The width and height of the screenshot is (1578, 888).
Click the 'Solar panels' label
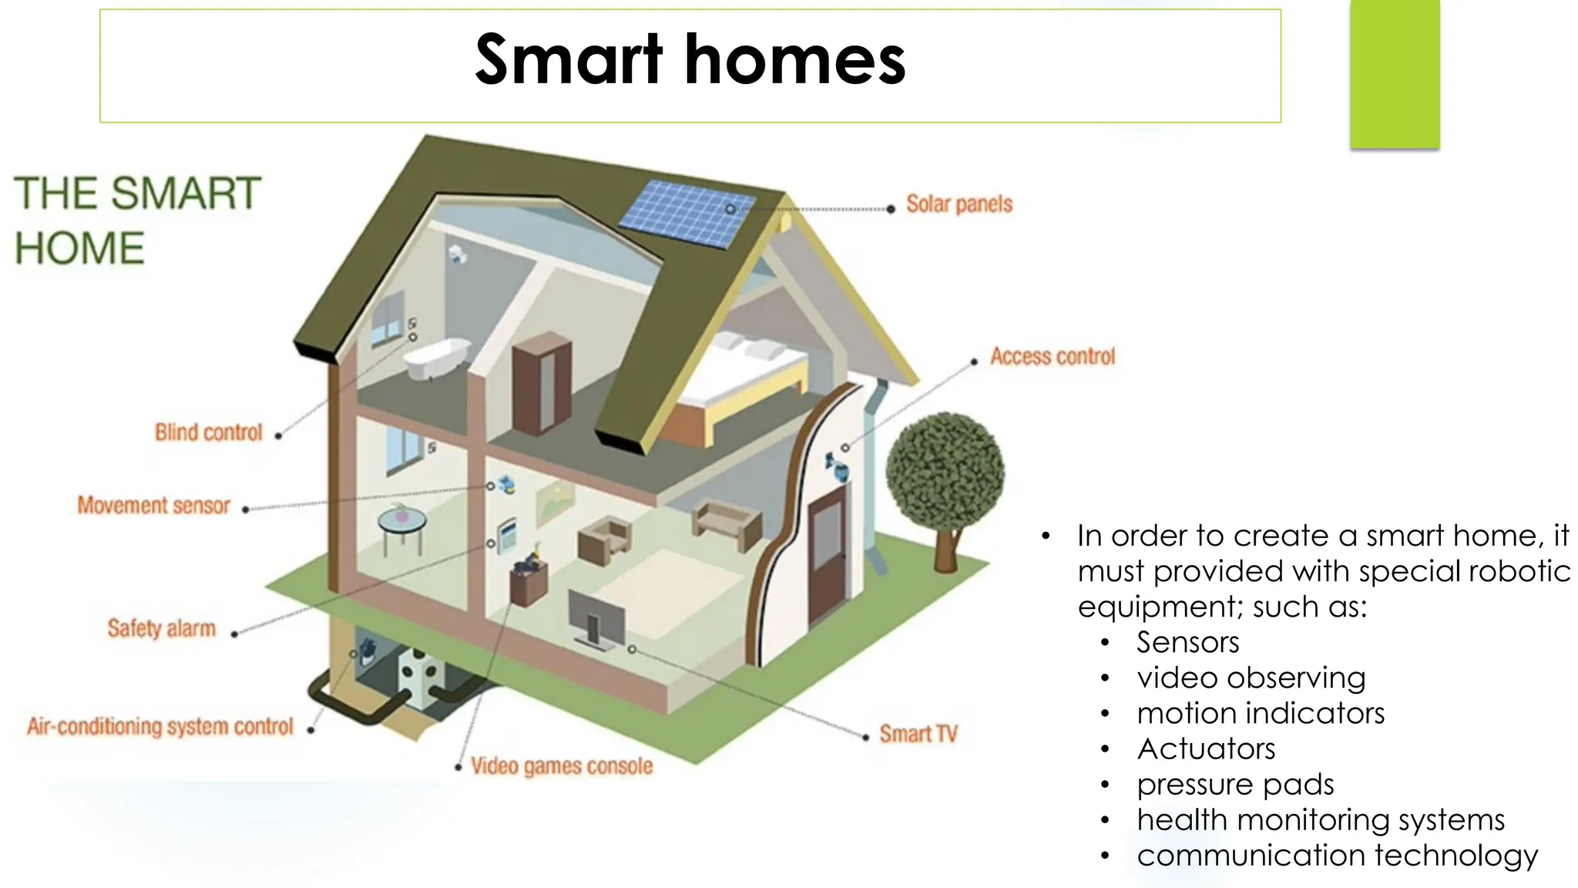tap(959, 204)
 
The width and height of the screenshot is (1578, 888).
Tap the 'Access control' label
tap(1053, 356)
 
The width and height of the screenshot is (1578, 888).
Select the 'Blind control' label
tap(208, 432)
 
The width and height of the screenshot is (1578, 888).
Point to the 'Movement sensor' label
tap(153, 506)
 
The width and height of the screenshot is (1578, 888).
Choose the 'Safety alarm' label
tap(161, 628)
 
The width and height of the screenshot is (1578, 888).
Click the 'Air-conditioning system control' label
tap(160, 726)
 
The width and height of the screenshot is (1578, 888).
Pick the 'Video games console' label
tap(562, 766)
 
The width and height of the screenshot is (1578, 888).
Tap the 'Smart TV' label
tap(918, 734)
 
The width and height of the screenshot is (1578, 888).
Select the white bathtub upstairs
tap(435, 358)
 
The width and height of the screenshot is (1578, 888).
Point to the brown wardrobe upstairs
tap(542, 383)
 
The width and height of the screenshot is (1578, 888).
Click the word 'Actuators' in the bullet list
tap(1206, 748)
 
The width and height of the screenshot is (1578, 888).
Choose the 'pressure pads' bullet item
tap(1235, 784)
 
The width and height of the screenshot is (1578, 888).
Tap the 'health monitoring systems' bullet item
tap(1321, 819)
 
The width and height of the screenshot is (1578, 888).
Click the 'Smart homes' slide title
tap(690, 60)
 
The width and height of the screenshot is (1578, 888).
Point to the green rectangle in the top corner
tap(1395, 74)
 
